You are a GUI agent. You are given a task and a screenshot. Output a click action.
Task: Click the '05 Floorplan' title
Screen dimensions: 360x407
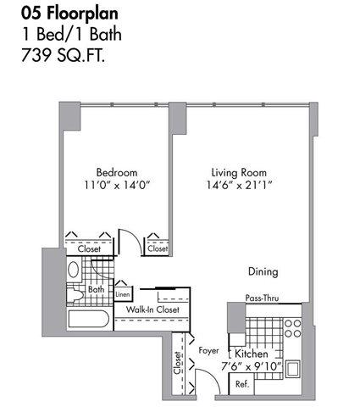click(69, 14)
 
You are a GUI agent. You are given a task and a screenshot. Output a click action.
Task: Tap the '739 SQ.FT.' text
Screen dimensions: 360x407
click(64, 55)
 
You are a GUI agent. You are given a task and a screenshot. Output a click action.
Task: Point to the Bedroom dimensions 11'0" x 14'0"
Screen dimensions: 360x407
click(117, 186)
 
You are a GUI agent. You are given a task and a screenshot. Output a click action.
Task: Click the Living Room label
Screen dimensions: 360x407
click(239, 173)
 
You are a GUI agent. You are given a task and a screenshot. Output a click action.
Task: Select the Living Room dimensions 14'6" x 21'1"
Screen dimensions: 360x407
click(239, 186)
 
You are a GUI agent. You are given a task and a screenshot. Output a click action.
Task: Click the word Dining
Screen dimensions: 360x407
click(263, 271)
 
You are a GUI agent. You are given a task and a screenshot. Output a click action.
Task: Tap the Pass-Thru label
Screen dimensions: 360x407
click(262, 298)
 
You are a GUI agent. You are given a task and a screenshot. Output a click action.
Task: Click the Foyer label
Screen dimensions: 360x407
click(208, 351)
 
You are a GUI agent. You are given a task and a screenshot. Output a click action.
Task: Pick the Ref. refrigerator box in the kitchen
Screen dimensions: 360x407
click(241, 384)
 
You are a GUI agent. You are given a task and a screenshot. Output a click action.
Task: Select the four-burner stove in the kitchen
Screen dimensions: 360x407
click(292, 328)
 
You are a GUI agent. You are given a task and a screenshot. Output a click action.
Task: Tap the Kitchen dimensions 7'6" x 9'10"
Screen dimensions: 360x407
click(252, 366)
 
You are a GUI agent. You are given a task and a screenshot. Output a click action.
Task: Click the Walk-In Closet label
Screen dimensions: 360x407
click(152, 309)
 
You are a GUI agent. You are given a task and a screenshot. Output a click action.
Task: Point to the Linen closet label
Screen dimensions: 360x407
click(123, 294)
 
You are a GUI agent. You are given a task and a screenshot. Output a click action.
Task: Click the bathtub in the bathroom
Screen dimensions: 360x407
click(89, 320)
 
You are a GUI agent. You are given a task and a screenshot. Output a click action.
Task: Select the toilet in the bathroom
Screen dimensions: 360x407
click(75, 295)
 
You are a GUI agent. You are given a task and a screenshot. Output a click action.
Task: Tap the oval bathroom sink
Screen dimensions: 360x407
click(74, 270)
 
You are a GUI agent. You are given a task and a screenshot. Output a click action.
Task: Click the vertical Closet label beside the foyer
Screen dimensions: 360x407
click(177, 363)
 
